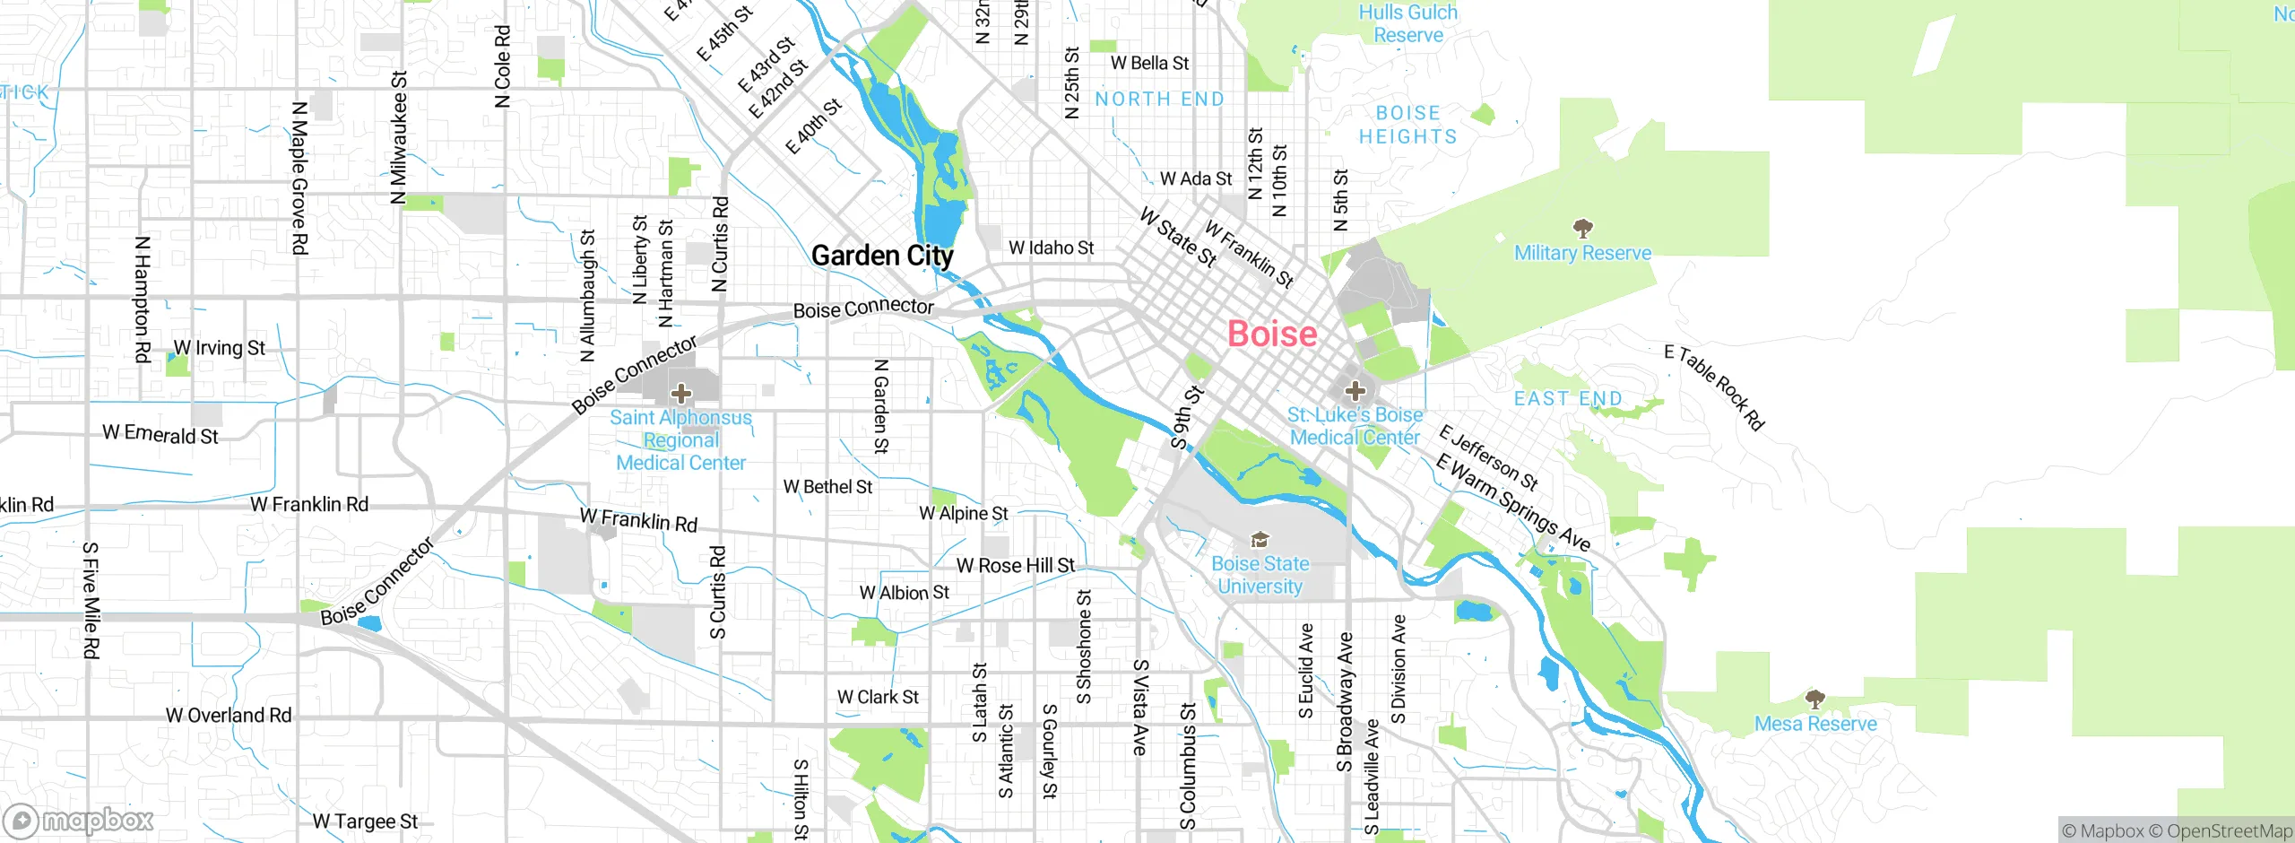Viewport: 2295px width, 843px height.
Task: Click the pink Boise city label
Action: (1271, 335)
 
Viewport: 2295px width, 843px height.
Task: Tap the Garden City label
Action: (882, 256)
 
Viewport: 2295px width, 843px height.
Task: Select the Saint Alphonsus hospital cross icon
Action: (681, 393)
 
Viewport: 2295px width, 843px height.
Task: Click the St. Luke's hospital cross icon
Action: (1355, 391)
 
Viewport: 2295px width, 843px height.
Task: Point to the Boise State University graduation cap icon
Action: (1260, 540)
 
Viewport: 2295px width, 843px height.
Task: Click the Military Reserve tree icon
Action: (1583, 228)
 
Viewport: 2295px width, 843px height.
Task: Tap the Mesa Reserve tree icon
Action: (1815, 699)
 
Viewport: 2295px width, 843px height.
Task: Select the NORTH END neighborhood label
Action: (1159, 100)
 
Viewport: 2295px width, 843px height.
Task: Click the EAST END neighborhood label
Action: (1568, 399)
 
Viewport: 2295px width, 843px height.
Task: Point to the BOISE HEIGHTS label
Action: (1407, 126)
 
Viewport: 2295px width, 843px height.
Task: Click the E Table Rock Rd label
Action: (1714, 387)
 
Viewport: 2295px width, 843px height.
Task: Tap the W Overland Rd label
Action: (229, 716)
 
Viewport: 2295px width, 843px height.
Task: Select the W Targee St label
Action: (365, 821)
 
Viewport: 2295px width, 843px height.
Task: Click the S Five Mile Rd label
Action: (91, 600)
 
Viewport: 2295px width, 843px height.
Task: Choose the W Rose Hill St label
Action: (1015, 566)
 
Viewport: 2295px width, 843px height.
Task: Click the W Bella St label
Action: (1149, 64)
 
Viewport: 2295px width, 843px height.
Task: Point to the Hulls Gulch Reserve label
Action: (1407, 24)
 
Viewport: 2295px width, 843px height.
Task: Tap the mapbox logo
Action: (79, 821)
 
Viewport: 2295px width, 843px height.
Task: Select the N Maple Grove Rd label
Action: (299, 178)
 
